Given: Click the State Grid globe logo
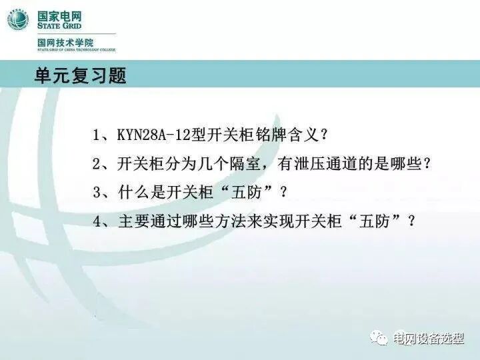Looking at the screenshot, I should pyautogui.click(x=17, y=19).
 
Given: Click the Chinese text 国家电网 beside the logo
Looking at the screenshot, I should pyautogui.click(x=61, y=13).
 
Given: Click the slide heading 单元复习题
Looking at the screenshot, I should pyautogui.click(x=80, y=75).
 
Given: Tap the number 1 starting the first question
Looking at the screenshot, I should pyautogui.click(x=97, y=135).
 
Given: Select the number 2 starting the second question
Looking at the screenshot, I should pyautogui.click(x=97, y=163).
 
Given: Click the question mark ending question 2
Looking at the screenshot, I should pyautogui.click(x=427, y=163).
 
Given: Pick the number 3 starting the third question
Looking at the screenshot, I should pyautogui.click(x=97, y=192).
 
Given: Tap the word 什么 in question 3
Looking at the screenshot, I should pyautogui.click(x=133, y=192).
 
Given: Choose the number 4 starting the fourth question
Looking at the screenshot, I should pyautogui.click(x=97, y=221).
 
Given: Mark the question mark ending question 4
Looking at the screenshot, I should pyautogui.click(x=411, y=221).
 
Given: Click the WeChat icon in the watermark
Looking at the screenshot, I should pyautogui.click(x=380, y=338).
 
